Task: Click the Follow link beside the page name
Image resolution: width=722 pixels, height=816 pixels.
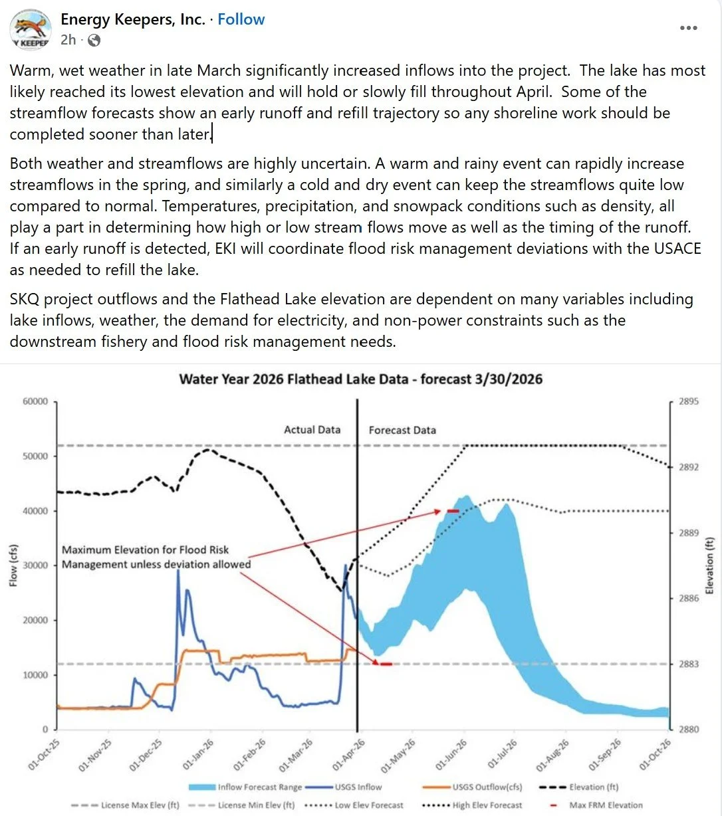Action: tap(241, 19)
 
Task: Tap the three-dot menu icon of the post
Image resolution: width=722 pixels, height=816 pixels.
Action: tap(689, 28)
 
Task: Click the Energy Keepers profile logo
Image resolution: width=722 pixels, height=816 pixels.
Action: tap(31, 30)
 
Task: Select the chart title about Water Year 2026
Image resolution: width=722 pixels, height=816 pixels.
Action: tap(360, 379)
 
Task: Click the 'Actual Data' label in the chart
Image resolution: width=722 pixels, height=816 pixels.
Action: tap(312, 430)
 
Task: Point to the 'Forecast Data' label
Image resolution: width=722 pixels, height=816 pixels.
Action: tap(402, 430)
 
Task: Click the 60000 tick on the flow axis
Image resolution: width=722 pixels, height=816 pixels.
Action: tap(35, 401)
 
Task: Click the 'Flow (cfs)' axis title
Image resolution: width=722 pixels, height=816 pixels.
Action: tap(14, 566)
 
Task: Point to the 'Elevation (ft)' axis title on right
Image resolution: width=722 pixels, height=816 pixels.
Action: tap(709, 565)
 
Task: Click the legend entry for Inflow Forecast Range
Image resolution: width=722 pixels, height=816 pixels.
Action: tap(259, 787)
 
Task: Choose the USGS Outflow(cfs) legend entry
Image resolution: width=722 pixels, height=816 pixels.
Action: tap(487, 787)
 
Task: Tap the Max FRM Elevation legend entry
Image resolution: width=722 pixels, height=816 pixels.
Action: tap(606, 805)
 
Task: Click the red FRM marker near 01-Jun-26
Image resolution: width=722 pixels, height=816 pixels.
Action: tap(453, 511)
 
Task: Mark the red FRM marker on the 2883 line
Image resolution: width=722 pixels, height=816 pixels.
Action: tap(385, 664)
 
